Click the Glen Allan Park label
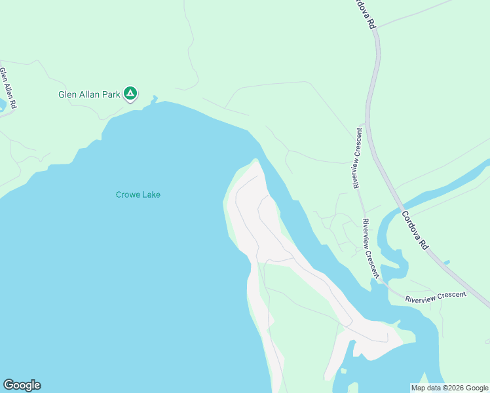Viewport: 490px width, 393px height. coord(89,94)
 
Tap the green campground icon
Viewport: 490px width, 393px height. coord(130,94)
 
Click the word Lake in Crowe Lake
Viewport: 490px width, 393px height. coord(153,195)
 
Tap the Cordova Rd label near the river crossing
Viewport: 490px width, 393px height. coord(414,230)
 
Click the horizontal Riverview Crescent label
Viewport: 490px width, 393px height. coord(436,296)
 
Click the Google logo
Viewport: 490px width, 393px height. coord(22,385)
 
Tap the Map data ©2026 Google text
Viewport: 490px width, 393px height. coord(449,388)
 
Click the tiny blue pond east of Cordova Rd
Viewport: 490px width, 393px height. coord(446,263)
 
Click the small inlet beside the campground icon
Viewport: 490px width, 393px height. coord(155,100)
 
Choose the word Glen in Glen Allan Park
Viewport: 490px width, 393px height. coord(67,94)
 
